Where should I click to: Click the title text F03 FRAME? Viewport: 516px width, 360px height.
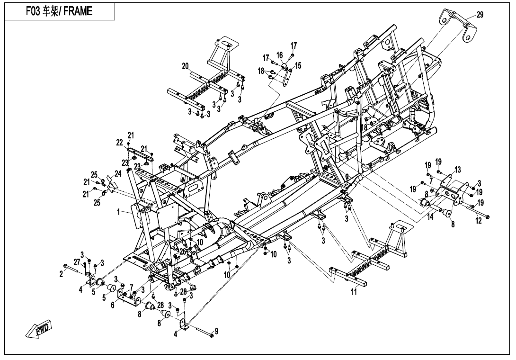click(59, 11)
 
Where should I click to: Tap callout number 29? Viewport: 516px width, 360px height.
click(480, 15)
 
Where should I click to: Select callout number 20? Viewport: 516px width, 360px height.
click(185, 66)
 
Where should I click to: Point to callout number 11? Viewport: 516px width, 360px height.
click(354, 292)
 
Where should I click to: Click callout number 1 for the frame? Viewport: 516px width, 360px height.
click(119, 212)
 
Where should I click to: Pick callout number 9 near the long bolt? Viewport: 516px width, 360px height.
click(216, 331)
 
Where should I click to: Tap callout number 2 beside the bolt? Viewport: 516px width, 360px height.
click(61, 274)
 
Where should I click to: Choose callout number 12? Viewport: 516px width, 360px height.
click(479, 220)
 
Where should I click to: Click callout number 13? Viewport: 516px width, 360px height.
click(458, 170)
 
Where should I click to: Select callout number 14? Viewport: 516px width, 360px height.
click(430, 217)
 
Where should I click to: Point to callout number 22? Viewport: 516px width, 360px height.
click(119, 143)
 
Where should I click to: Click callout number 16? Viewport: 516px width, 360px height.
click(279, 55)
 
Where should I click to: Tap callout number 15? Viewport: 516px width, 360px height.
click(298, 65)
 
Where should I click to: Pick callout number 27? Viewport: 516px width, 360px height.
click(77, 262)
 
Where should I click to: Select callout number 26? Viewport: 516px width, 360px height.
click(183, 252)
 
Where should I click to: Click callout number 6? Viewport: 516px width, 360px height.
click(113, 306)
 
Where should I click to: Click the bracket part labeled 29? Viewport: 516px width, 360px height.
click(458, 26)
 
